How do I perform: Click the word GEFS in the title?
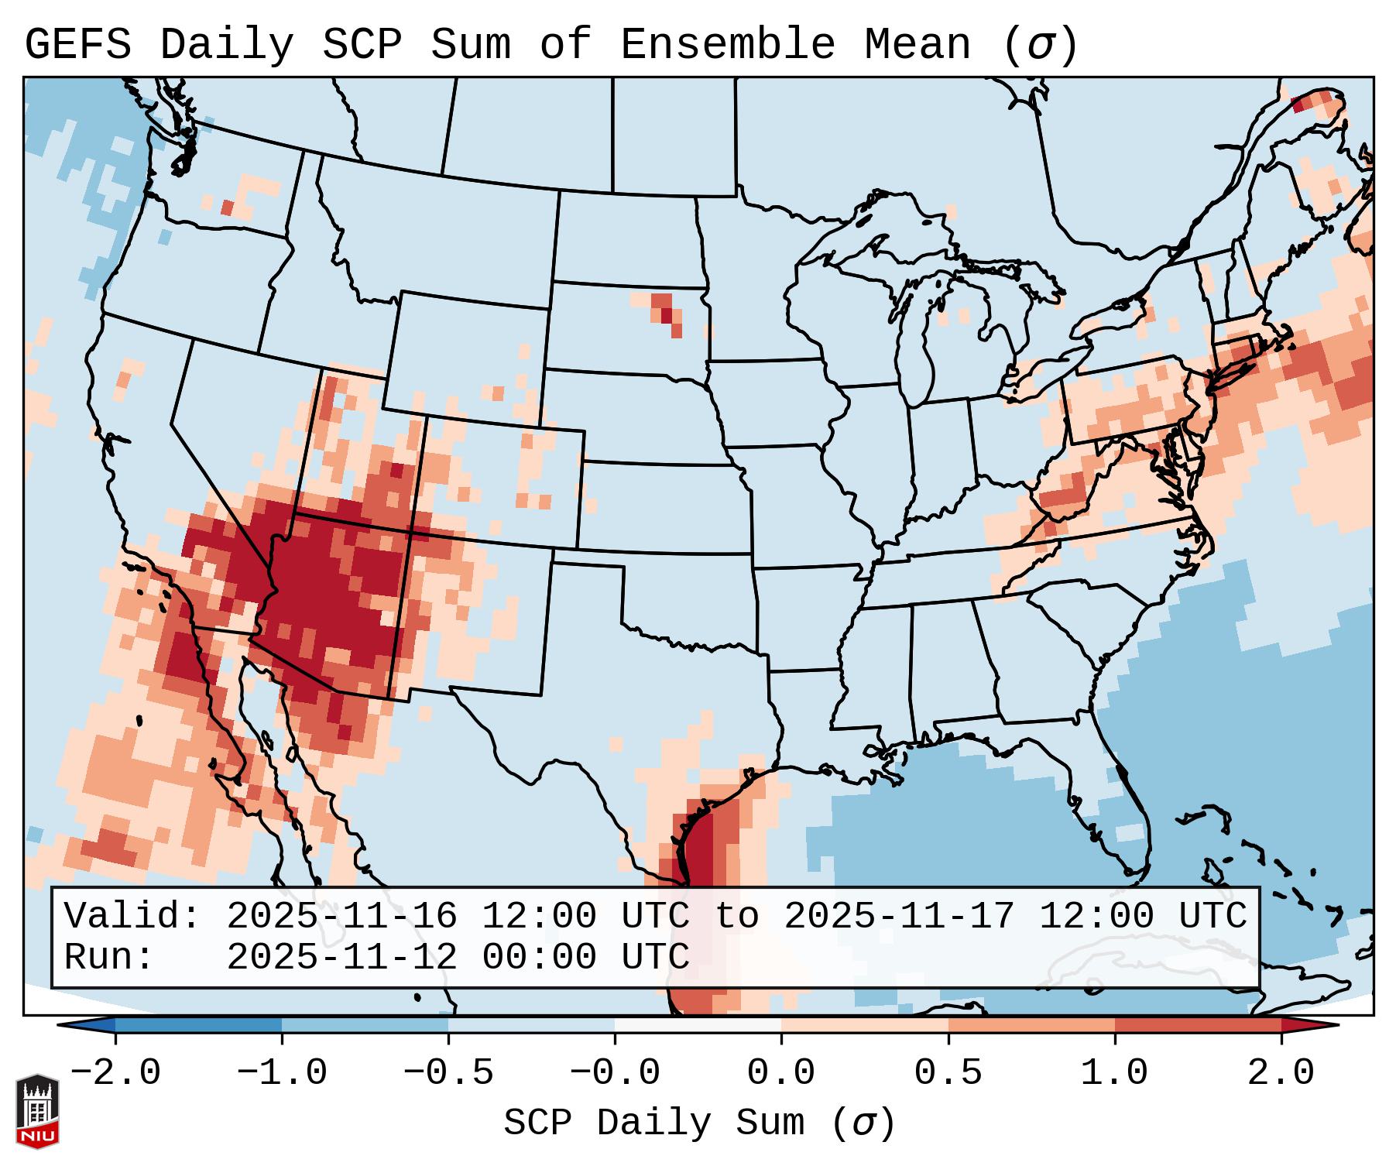pyautogui.click(x=77, y=45)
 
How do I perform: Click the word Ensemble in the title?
pyautogui.click(x=728, y=45)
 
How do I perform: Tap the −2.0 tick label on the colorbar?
pyautogui.click(x=115, y=1073)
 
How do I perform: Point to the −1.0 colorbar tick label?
pyautogui.click(x=282, y=1073)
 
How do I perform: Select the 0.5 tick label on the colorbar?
pyautogui.click(x=948, y=1073)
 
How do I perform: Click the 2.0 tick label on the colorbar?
pyautogui.click(x=1281, y=1073)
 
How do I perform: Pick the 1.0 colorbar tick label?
pyautogui.click(x=1115, y=1073)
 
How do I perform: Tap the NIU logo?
pyautogui.click(x=37, y=1111)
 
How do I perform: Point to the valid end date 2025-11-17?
pyautogui.click(x=899, y=916)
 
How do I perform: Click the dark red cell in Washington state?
pyautogui.click(x=227, y=207)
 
